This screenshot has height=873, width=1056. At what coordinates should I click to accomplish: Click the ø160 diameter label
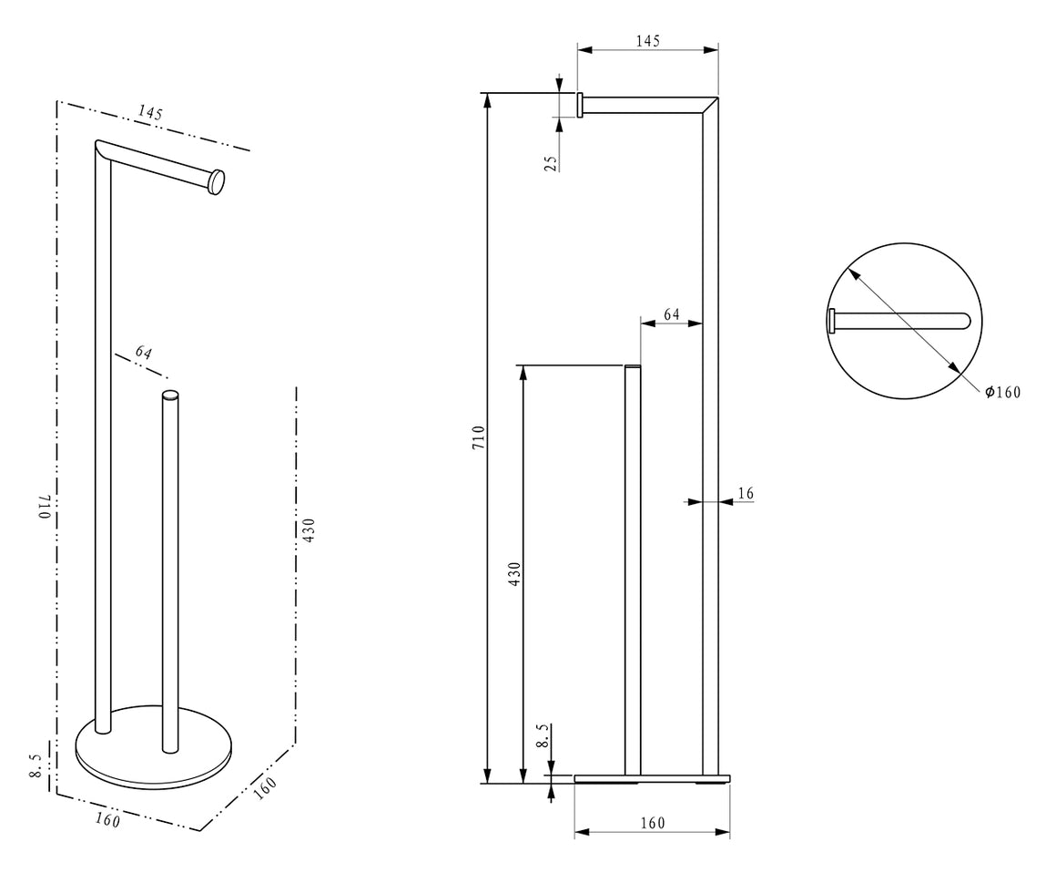point(1003,392)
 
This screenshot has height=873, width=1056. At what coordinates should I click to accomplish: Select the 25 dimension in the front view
point(551,164)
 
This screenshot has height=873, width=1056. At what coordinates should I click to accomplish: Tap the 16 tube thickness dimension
point(746,494)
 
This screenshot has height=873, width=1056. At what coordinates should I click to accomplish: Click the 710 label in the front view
point(478,437)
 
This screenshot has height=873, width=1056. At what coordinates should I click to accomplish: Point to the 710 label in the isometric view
point(45,507)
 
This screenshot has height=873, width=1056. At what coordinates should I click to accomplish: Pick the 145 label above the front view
point(648,41)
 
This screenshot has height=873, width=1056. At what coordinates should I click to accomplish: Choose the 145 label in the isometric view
point(150,112)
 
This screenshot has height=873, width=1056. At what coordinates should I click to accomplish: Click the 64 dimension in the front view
point(672,314)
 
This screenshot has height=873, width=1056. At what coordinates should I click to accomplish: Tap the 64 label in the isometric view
point(144,352)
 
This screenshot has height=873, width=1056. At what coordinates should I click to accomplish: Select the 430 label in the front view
point(514,574)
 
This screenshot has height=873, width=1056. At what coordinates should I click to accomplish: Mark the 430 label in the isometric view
point(309,530)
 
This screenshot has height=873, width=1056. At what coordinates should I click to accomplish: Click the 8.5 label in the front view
point(543,736)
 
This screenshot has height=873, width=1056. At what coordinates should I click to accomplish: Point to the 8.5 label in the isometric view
point(36,765)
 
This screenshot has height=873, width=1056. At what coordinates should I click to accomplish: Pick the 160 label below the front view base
point(652,823)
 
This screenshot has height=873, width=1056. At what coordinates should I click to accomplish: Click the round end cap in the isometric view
point(217,182)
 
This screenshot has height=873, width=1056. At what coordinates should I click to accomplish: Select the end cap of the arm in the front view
point(580,105)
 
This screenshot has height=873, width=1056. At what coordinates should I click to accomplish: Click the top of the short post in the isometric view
point(170,395)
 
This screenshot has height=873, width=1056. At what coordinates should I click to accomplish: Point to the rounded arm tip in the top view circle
point(966,321)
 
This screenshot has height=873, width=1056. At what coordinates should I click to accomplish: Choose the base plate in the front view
point(652,778)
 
